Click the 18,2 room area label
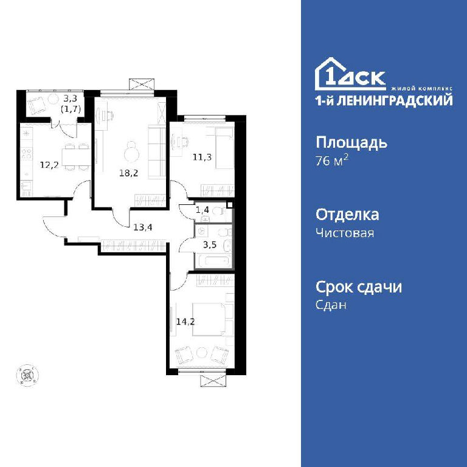tap(129, 173)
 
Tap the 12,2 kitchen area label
tap(49, 164)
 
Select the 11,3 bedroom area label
tap(202, 157)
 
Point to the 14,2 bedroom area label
tap(185, 322)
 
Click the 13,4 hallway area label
tap(143, 227)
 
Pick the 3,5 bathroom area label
tap(210, 245)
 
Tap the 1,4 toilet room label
tap(202, 210)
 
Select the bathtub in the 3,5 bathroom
tap(212, 261)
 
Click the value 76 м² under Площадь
tap(332, 161)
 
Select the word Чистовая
tap(345, 233)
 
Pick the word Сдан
tap(331, 305)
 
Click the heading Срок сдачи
tap(359, 287)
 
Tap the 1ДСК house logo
tap(350, 74)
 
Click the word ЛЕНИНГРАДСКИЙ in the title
tap(395, 100)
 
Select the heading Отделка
tap(347, 215)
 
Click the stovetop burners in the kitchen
tap(26, 154)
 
